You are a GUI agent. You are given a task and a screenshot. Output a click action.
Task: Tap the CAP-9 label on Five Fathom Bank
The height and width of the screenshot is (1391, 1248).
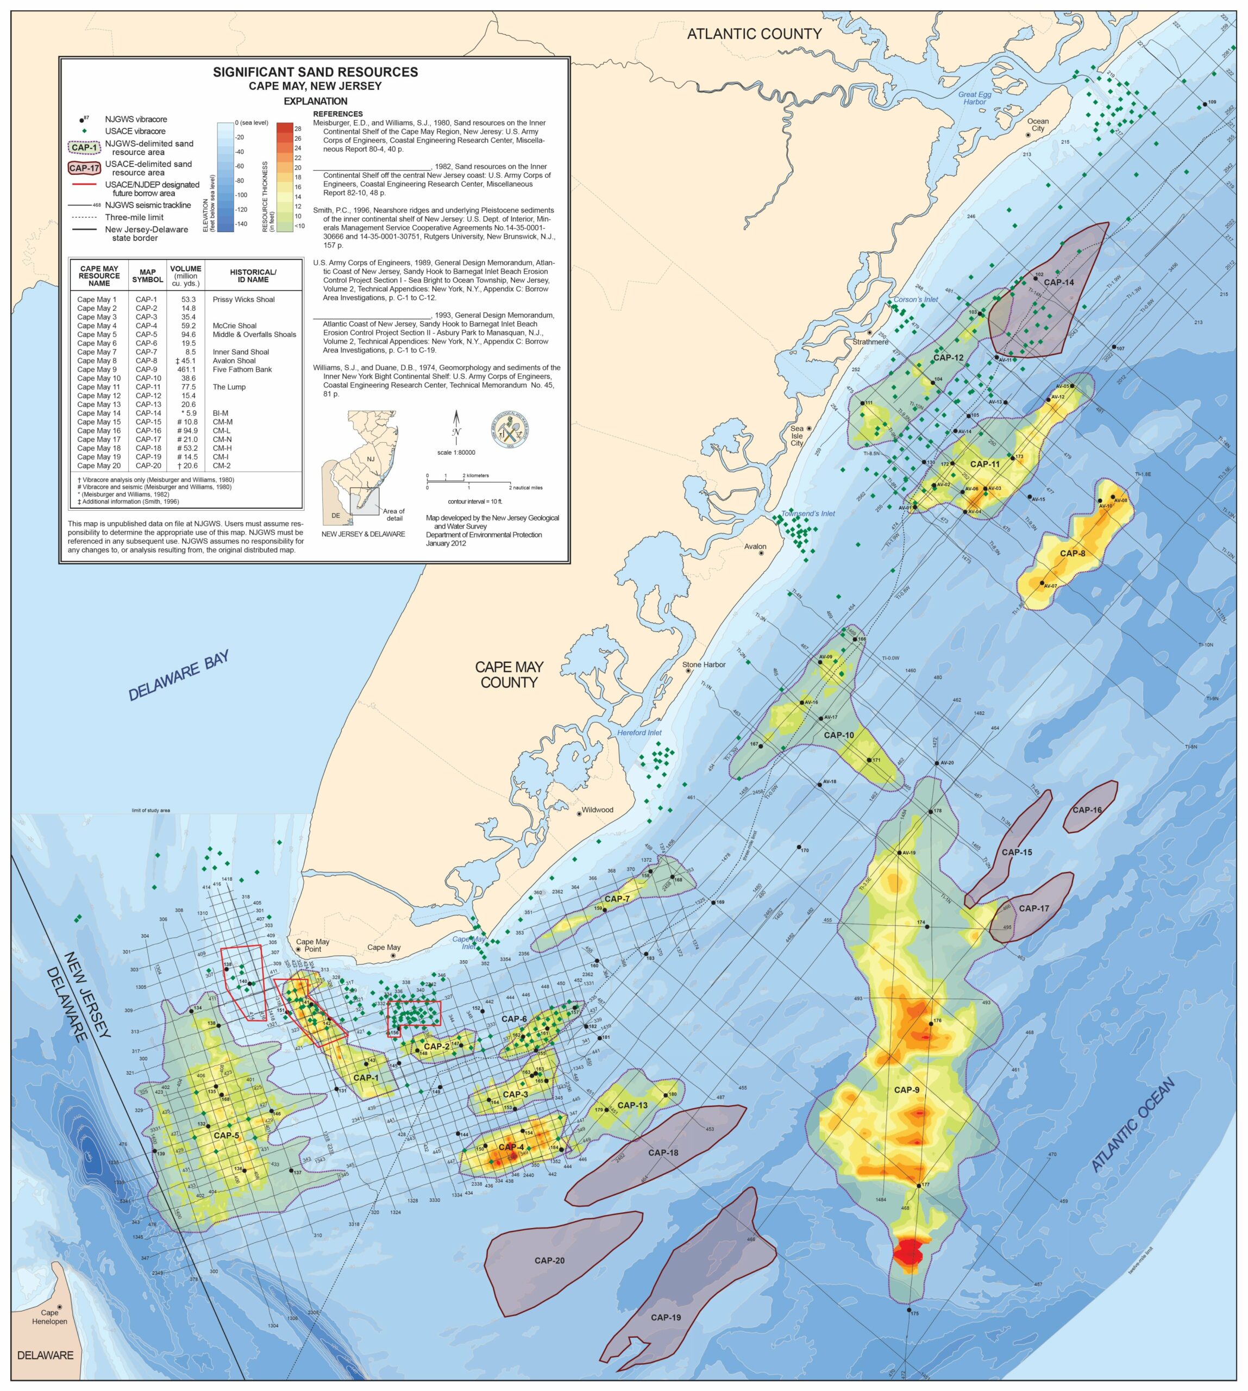click(x=906, y=1090)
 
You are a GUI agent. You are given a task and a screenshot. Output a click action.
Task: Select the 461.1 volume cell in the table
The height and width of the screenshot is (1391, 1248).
click(x=186, y=369)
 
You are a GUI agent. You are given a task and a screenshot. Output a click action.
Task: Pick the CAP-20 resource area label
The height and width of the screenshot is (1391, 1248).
click(x=549, y=1261)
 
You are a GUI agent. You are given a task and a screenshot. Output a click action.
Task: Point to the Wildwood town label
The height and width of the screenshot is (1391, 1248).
click(x=597, y=810)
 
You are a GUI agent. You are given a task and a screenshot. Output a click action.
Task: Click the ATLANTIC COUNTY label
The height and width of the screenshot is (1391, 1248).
click(x=754, y=34)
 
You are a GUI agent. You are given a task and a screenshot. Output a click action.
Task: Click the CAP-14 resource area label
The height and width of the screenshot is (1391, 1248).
click(x=1059, y=282)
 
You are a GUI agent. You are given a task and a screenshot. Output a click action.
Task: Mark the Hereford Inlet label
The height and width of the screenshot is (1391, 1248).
click(x=639, y=732)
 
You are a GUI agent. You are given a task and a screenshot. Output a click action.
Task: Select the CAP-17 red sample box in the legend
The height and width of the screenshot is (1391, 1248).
click(x=84, y=168)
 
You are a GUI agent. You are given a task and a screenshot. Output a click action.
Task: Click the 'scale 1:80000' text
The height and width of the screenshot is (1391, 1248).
click(x=456, y=453)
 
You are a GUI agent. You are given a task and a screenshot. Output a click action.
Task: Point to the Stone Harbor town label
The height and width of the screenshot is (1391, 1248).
click(x=704, y=665)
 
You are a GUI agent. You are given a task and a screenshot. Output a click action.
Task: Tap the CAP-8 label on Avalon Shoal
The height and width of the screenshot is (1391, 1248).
click(x=1073, y=554)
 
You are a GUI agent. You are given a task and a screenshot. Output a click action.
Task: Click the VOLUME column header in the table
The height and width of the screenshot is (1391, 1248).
click(x=186, y=275)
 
